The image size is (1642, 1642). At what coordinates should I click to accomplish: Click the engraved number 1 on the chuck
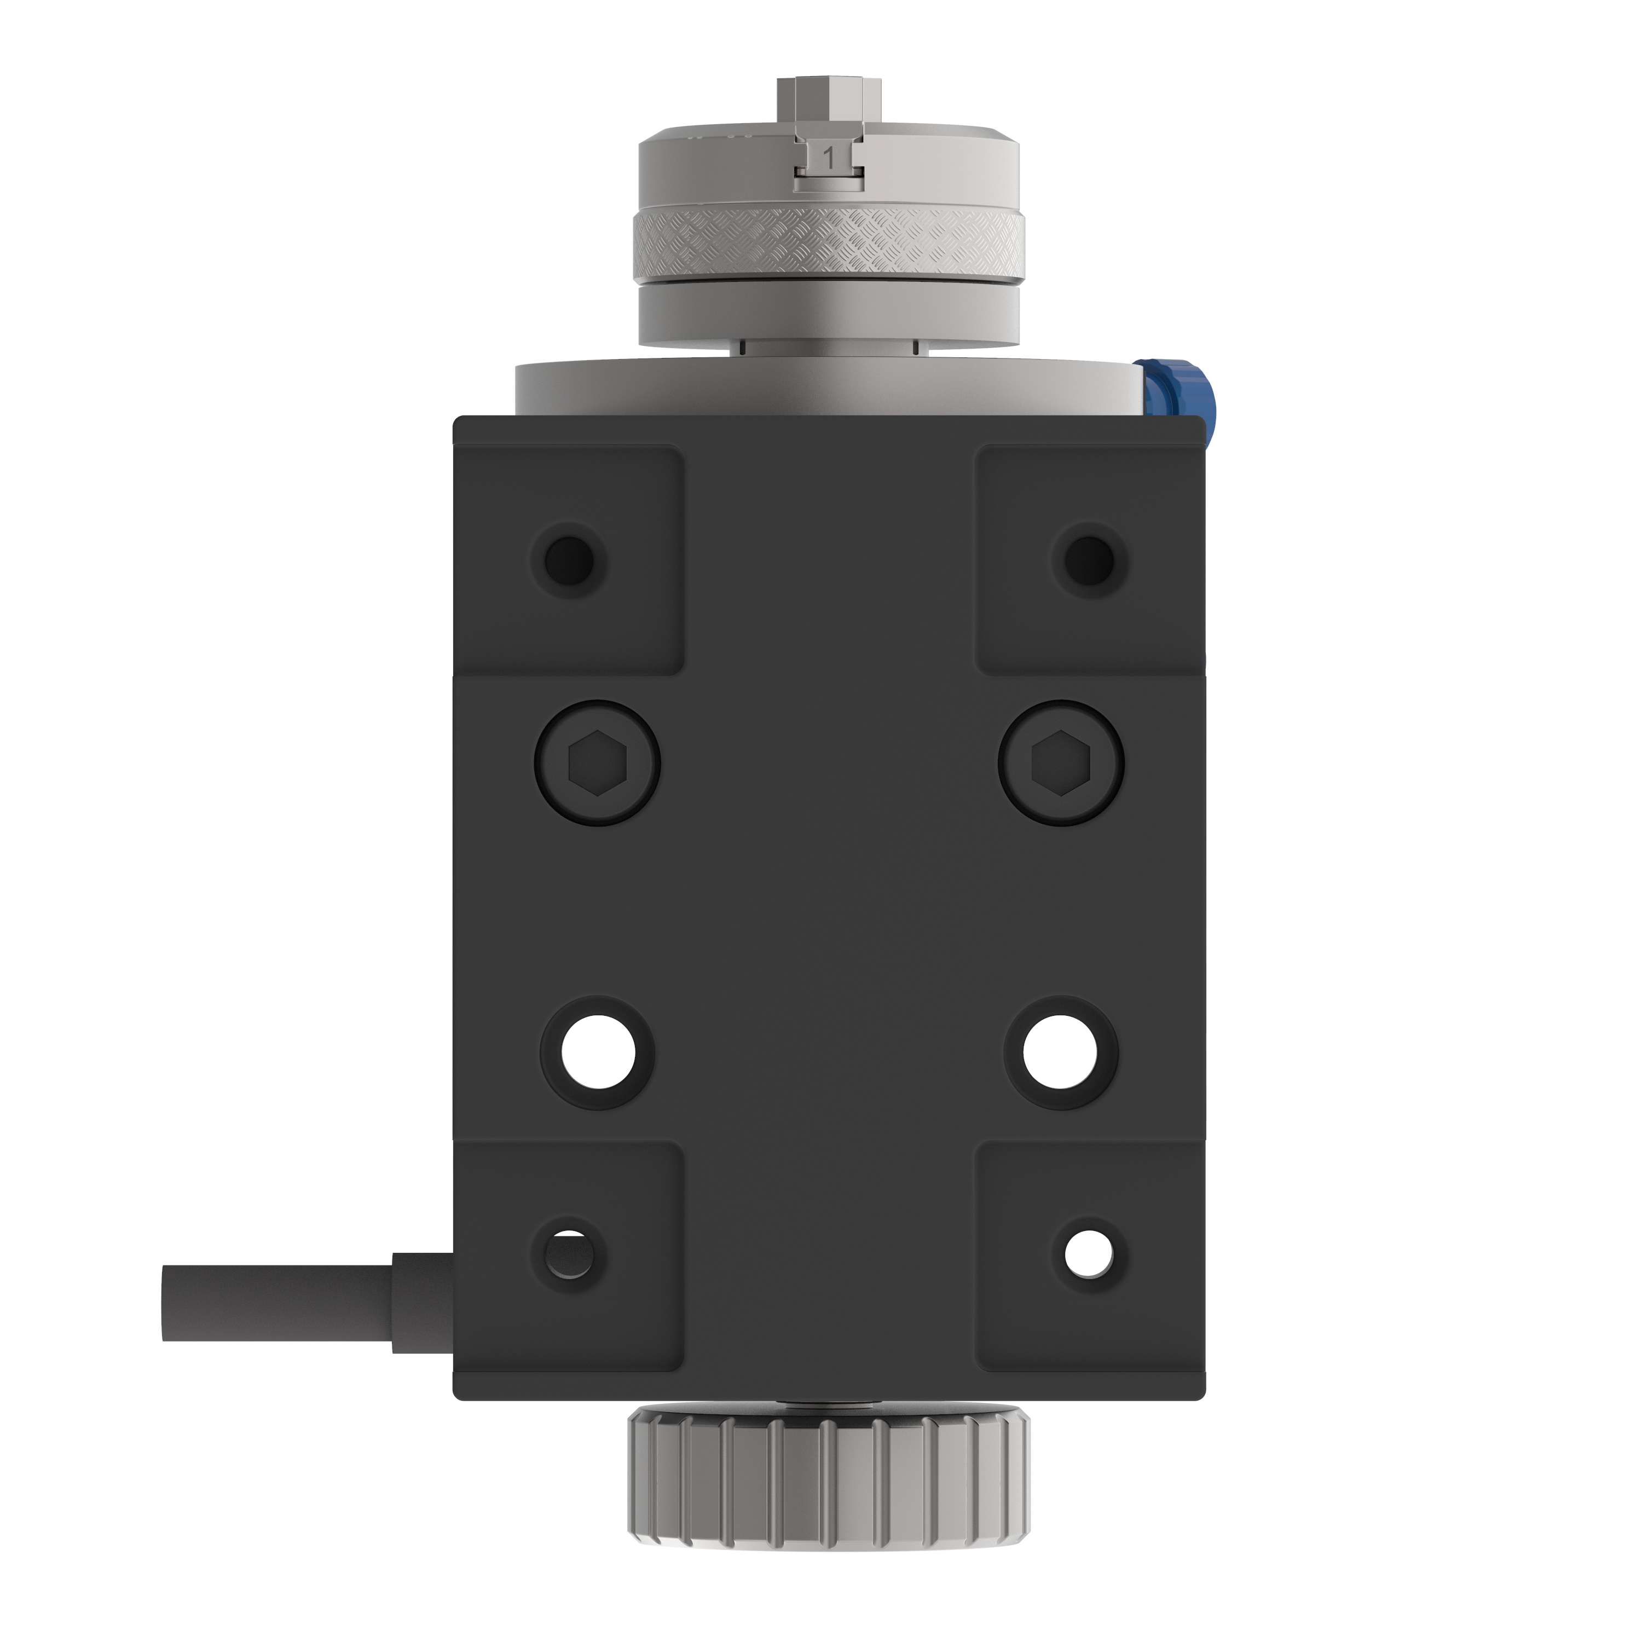[x=829, y=157]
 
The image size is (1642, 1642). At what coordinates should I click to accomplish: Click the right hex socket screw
[x=1061, y=762]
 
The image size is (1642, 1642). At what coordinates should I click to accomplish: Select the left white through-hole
[x=598, y=1052]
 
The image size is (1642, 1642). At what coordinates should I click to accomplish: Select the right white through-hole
[x=1061, y=1052]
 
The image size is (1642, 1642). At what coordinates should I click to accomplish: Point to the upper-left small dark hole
[x=569, y=559]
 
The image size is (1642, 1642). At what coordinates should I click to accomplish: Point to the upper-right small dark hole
[x=1090, y=559]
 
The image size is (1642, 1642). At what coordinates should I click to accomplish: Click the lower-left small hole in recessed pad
[x=569, y=1254]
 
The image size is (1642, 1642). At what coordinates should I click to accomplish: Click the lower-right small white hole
[x=1089, y=1255]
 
